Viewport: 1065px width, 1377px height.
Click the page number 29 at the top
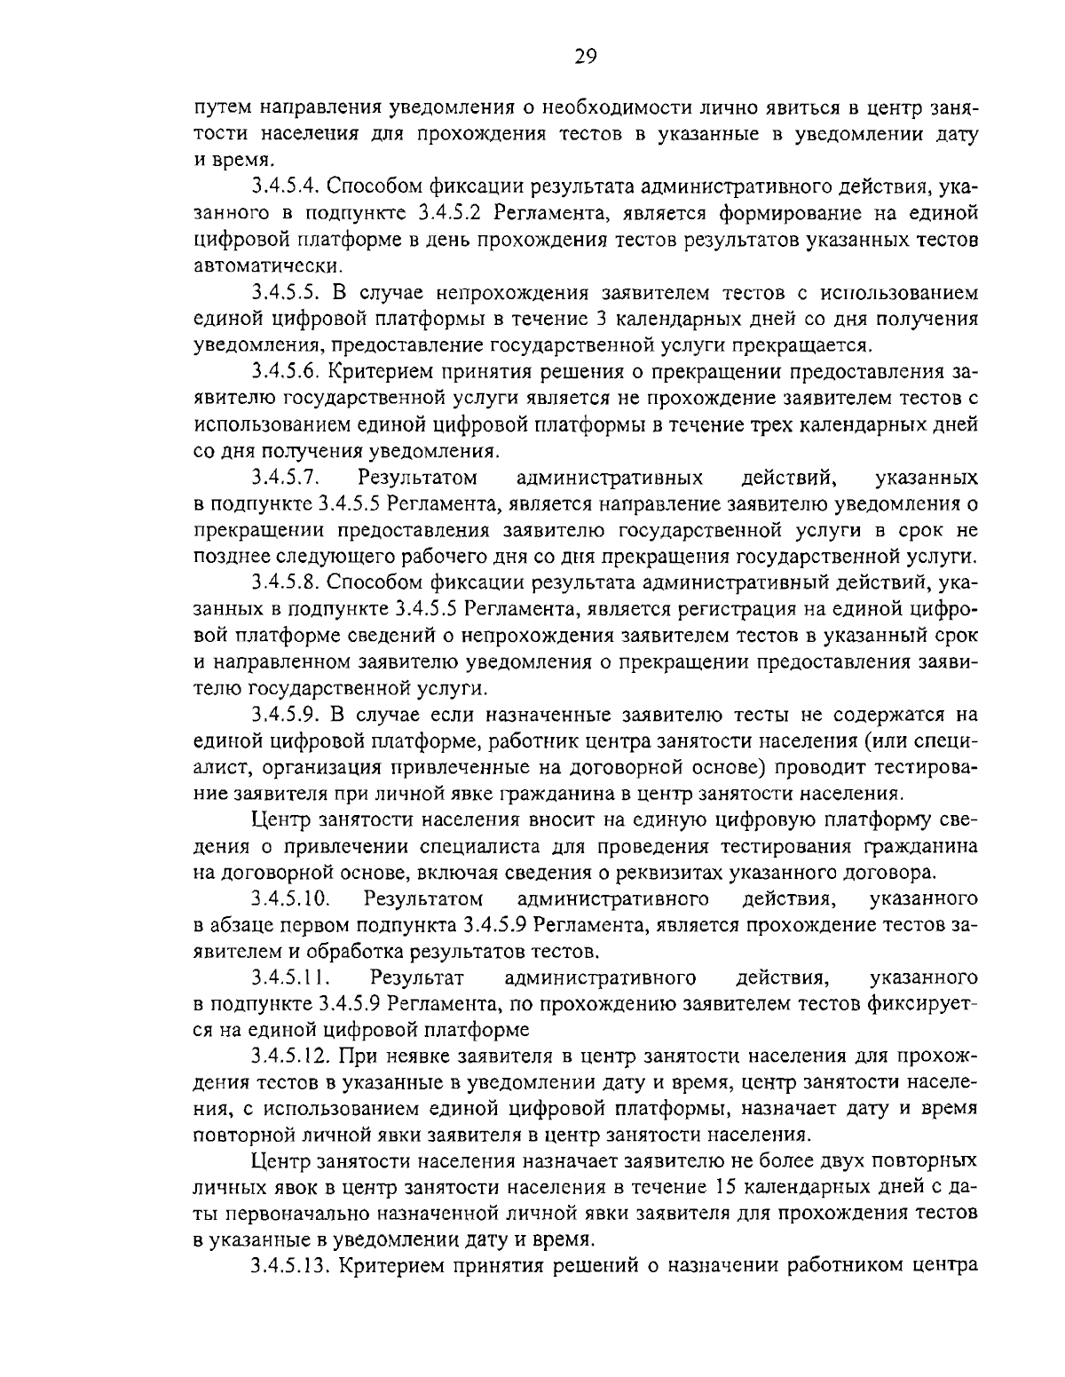coord(585,57)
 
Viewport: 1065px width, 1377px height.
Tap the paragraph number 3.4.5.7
coord(285,479)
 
